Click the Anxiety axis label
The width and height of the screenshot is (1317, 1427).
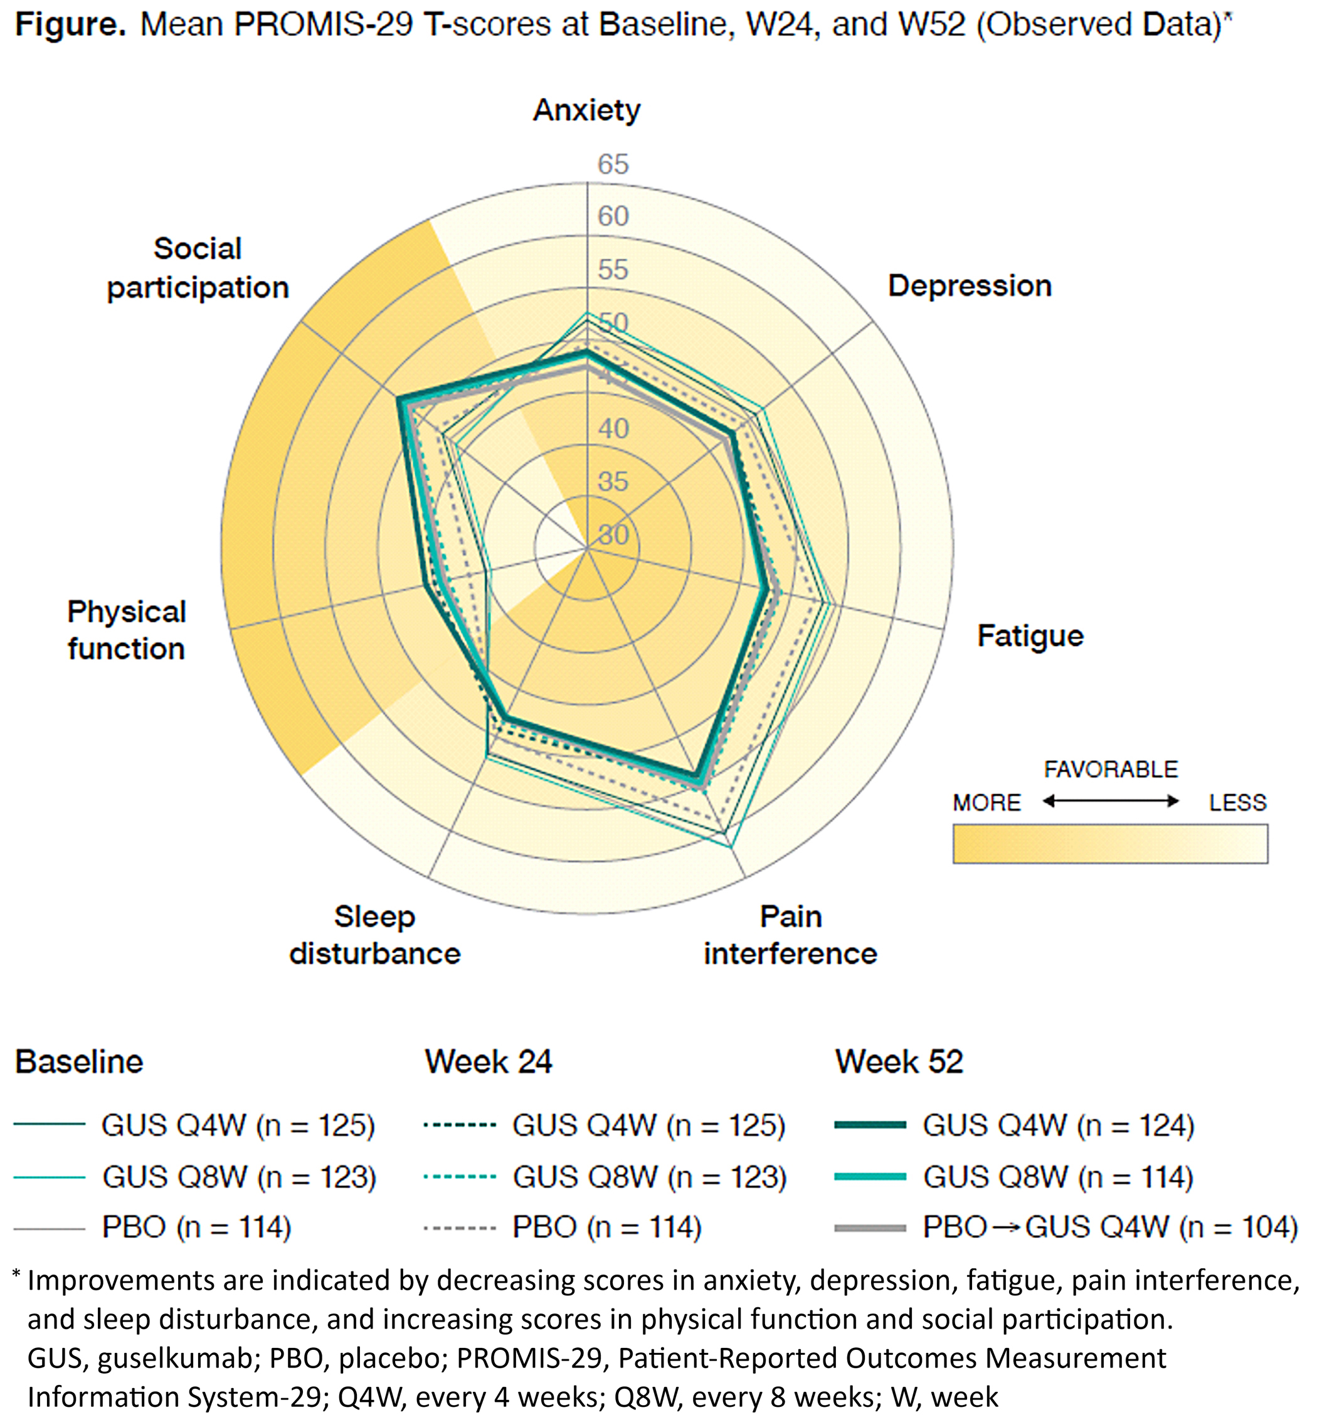[x=586, y=110]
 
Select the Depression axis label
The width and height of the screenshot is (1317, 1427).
[x=969, y=286]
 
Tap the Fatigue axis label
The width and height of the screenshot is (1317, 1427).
[x=1030, y=636]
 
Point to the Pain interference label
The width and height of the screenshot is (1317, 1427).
[x=790, y=935]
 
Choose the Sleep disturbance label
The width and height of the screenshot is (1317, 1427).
[x=375, y=935]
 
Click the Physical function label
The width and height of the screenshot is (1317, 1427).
[x=127, y=630]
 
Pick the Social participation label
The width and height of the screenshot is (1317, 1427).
[x=198, y=268]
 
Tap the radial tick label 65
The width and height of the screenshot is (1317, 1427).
[x=613, y=164]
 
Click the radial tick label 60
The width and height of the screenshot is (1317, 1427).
[x=613, y=216]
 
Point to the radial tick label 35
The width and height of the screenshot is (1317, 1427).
[x=613, y=482]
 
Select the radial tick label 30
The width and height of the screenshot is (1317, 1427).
[x=613, y=534]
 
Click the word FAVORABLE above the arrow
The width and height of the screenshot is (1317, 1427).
[x=1110, y=769]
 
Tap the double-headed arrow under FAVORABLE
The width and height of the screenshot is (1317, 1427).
[x=1110, y=801]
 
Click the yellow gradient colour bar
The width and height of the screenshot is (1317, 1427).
[x=1110, y=844]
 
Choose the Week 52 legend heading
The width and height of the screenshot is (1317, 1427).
[x=899, y=1062]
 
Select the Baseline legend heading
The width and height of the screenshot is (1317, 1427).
[x=79, y=1062]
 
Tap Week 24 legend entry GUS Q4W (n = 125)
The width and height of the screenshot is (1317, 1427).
[x=648, y=1125]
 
